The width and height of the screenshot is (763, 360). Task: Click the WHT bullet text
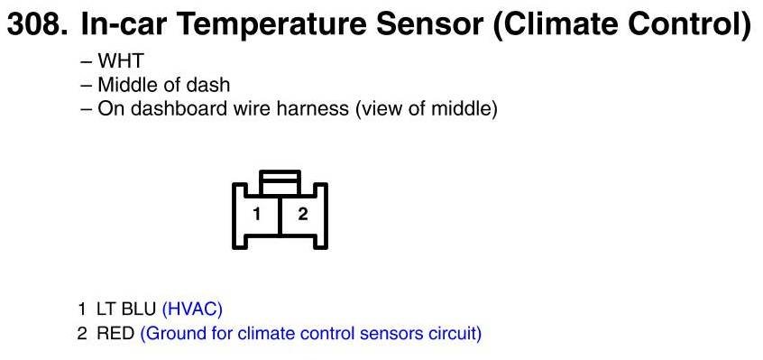121,61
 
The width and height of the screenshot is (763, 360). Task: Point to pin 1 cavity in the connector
256,214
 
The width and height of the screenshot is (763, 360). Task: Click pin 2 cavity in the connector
303,214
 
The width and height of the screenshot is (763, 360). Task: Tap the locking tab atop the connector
280,183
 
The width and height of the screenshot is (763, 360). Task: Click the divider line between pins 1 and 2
280,216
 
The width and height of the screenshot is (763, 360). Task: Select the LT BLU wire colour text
126,309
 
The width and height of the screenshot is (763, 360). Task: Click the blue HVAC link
192,309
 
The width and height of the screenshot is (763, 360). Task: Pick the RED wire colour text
115,334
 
